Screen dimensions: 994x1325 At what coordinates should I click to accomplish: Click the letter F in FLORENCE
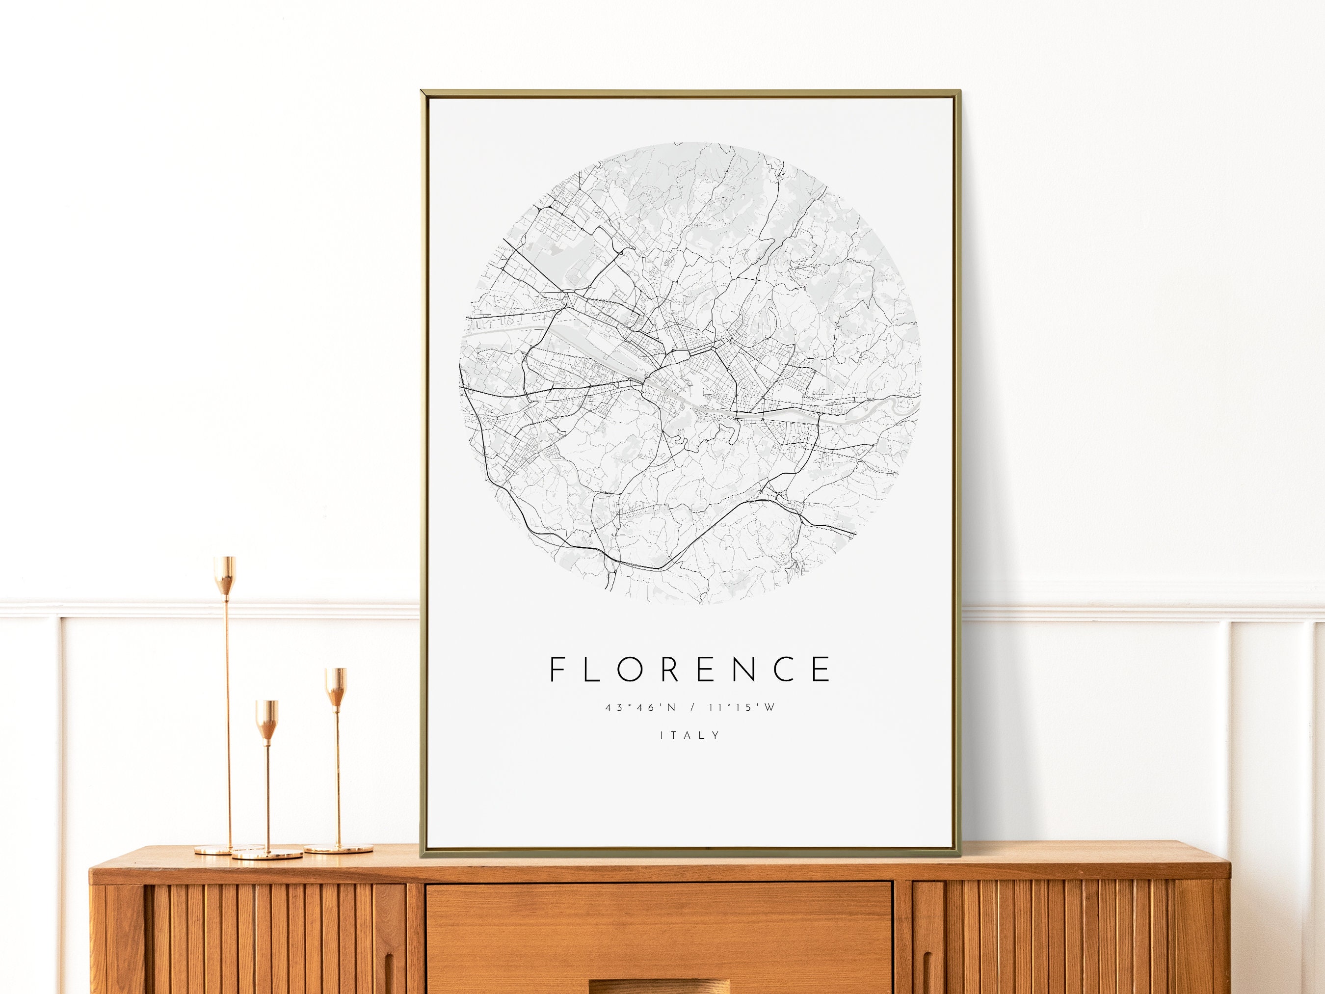pos(557,669)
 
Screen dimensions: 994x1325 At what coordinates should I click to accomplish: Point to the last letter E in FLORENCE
pos(822,669)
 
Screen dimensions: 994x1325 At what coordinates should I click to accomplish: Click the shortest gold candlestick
pos(267,779)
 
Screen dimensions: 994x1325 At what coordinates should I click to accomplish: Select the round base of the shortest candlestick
pos(268,854)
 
